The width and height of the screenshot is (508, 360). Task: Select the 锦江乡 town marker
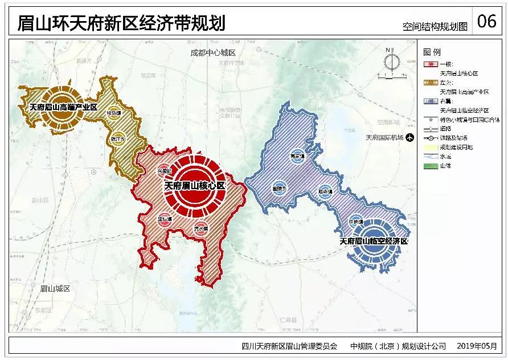117,138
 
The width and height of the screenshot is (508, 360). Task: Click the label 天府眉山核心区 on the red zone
195,186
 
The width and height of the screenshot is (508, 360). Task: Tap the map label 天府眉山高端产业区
64,107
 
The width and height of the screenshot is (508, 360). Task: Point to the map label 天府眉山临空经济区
374,242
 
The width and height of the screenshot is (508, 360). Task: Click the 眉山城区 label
55,289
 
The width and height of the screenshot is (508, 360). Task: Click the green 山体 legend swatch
431,166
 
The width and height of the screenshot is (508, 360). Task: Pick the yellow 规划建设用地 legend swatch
431,147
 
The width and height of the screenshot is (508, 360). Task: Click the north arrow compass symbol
390,62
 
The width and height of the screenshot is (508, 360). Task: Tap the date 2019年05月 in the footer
477,346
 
